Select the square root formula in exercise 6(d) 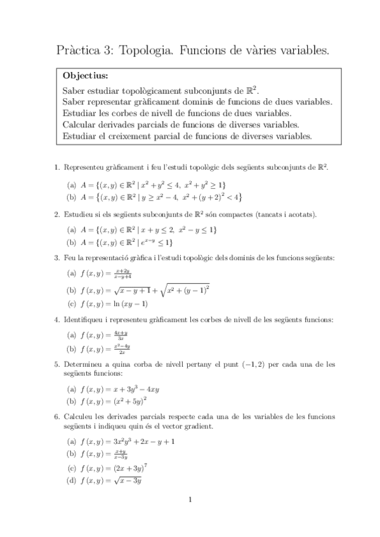131,481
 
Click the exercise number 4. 57,319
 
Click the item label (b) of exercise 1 71,198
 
